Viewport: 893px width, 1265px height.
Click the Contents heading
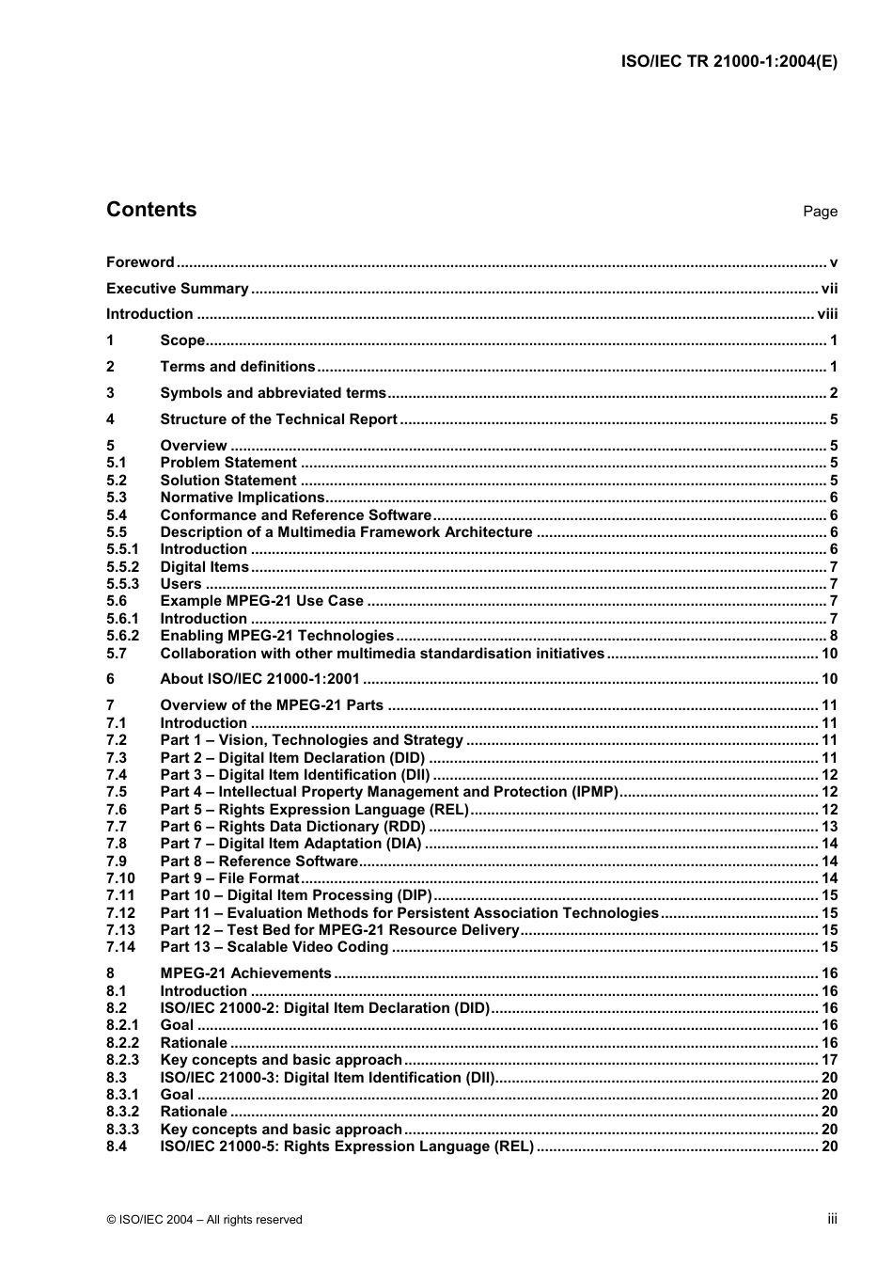151,210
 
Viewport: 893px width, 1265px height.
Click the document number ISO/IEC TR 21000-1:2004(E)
729,62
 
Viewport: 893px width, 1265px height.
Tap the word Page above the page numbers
820,212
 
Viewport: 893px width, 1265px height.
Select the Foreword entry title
140,262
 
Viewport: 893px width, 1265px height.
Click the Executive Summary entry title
177,289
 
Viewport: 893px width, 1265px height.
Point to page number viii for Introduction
827,314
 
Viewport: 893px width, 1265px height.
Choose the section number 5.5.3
122,584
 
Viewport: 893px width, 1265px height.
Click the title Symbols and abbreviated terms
273,393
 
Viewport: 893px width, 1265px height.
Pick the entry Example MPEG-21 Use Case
261,601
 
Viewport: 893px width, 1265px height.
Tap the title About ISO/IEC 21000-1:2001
259,679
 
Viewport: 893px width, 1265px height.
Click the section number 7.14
120,947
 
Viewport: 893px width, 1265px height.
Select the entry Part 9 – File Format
229,878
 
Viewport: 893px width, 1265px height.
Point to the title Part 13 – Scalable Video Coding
274,947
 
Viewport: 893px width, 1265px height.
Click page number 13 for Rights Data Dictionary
829,827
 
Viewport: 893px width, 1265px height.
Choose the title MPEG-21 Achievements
245,973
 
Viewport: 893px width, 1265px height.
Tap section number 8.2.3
122,1060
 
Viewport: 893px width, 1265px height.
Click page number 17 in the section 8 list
829,1060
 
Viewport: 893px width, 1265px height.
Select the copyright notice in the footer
204,1220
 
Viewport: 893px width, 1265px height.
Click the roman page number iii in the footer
832,1219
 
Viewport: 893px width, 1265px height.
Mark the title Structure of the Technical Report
278,419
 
